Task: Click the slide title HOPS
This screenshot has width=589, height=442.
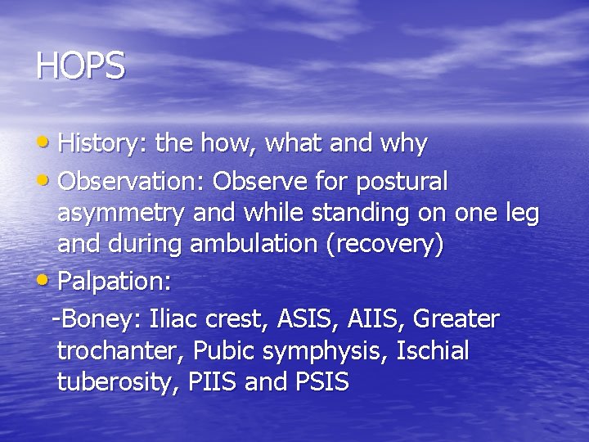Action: [x=80, y=66]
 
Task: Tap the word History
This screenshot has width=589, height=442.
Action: [x=99, y=144]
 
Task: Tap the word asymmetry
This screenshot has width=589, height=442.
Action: [x=120, y=214]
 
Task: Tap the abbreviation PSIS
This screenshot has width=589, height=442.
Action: [x=318, y=381]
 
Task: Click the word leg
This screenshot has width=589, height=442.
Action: [x=519, y=214]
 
